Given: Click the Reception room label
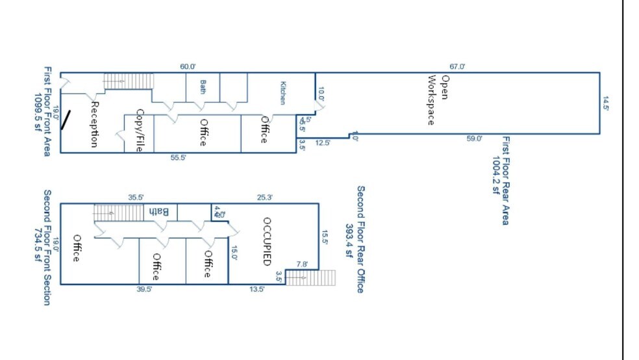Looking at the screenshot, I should tap(95, 123).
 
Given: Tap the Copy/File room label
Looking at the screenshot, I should tap(139, 131).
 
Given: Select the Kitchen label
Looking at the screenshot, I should tap(282, 92).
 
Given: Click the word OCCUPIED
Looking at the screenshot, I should tap(266, 241).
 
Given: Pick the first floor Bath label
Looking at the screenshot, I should tap(203, 86).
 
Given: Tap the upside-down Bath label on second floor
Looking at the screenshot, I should tap(160, 211).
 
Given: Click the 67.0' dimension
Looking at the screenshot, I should tap(457, 66).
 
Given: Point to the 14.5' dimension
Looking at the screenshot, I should tap(606, 103).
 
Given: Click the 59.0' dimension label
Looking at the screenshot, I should tap(475, 138).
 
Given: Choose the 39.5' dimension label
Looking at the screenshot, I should tap(144, 289).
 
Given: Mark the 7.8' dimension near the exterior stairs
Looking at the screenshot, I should tap(303, 264).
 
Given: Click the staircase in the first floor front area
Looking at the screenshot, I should tap(129, 81).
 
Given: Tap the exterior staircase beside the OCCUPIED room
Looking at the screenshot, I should tap(310, 277).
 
